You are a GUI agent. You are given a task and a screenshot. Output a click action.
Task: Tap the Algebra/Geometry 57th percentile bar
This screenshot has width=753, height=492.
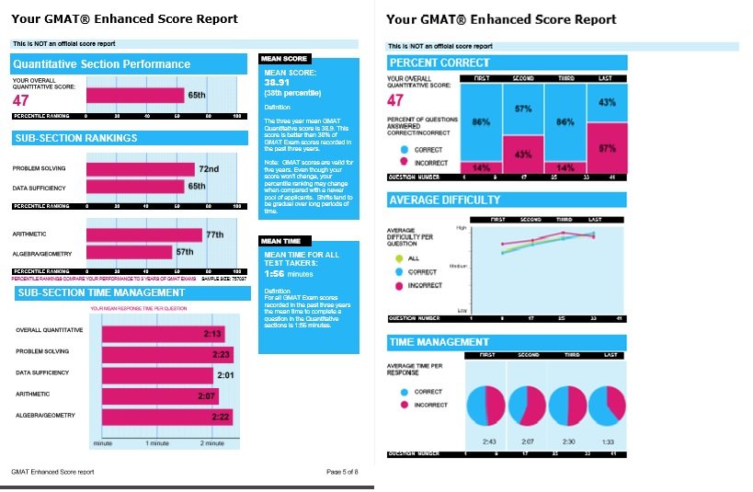129,252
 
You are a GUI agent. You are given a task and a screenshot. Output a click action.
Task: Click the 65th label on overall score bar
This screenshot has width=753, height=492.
197,95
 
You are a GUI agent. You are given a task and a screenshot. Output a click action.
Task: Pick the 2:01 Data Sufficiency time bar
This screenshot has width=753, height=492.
157,375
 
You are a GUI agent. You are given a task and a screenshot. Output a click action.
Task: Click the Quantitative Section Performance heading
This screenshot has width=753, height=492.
102,64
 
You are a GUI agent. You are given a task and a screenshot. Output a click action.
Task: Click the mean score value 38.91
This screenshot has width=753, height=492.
278,82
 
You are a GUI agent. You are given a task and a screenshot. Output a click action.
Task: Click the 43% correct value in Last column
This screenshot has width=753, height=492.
607,102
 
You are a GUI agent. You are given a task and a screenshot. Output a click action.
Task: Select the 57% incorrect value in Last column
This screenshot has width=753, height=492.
607,147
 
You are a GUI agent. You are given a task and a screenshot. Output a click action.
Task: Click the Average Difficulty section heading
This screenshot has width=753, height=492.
445,200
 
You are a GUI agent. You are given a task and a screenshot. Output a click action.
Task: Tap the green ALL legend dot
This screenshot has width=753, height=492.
399,258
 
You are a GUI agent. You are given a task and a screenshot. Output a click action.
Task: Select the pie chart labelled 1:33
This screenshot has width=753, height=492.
607,406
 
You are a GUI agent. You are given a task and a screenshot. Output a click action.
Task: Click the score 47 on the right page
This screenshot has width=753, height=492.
395,100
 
